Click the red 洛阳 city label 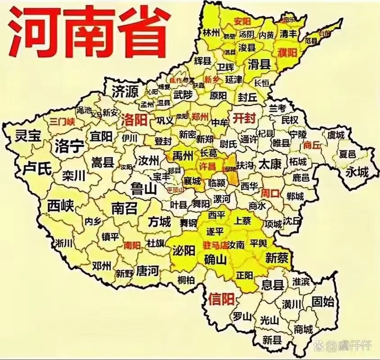(135, 120)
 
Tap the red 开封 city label (244, 118)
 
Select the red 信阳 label (222, 298)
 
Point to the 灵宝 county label (27, 135)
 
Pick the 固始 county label (323, 301)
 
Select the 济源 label (125, 91)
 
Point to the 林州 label (211, 32)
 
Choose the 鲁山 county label (143, 189)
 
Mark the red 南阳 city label (132, 246)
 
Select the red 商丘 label (312, 145)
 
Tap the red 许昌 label (208, 166)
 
